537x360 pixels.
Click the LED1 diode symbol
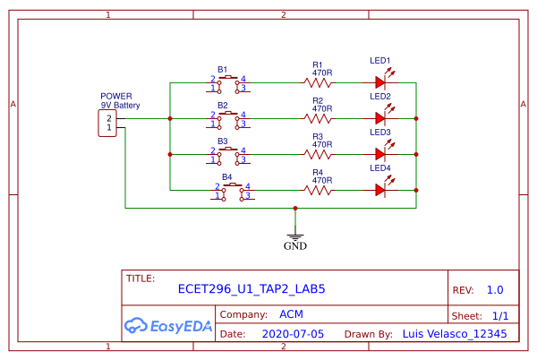coord(380,82)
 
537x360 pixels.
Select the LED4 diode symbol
coord(380,190)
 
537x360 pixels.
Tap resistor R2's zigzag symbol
coord(318,118)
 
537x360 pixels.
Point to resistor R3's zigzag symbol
coord(318,154)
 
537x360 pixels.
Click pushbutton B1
coord(228,83)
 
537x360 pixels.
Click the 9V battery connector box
coord(108,124)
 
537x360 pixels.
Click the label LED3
coord(380,133)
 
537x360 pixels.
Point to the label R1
coord(318,64)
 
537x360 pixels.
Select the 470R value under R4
coord(322,179)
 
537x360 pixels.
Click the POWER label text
coord(116,96)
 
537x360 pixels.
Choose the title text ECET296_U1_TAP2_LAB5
coord(251,289)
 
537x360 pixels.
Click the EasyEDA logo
coord(168,324)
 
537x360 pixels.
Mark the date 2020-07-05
coord(293,333)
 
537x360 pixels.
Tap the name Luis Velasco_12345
coord(455,333)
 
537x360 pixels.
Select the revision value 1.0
coord(495,290)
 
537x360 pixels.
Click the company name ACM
coord(291,314)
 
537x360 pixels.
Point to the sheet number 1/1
coord(499,316)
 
